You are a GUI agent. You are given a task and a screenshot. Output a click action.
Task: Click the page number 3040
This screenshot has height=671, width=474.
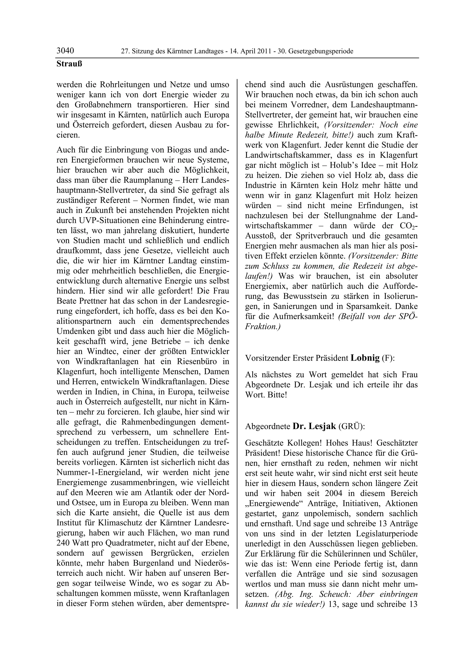[x=65, y=51]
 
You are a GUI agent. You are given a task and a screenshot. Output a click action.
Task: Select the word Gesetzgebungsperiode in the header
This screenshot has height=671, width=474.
[x=321, y=51]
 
